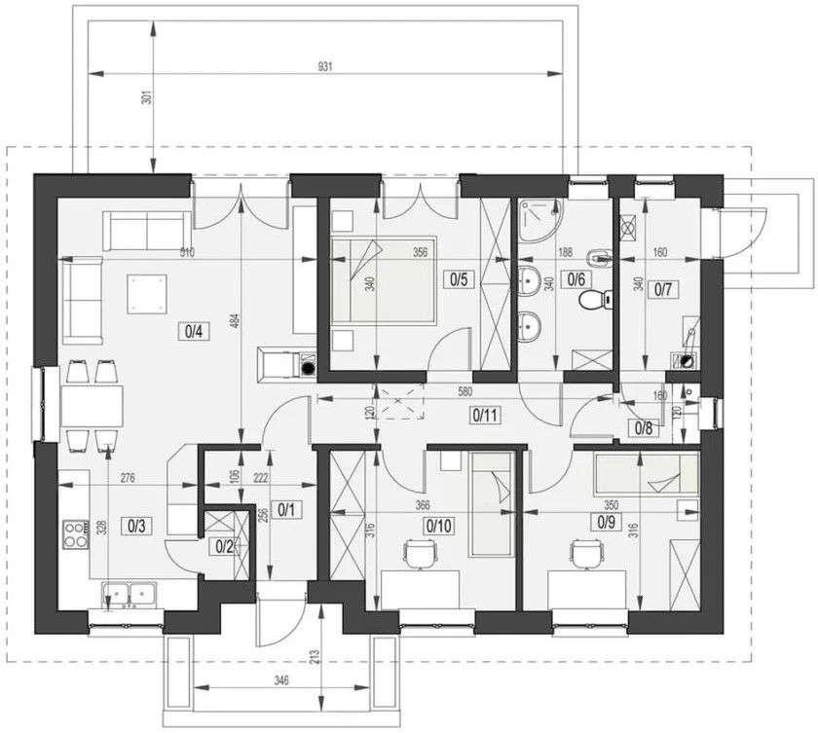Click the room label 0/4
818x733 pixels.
pyautogui.click(x=192, y=331)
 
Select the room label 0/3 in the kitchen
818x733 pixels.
pyautogui.click(x=135, y=527)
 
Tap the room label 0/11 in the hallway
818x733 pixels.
pyautogui.click(x=484, y=415)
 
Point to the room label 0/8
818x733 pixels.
pyautogui.click(x=644, y=426)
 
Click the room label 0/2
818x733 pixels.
pyautogui.click(x=224, y=547)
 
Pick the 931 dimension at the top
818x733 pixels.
pyautogui.click(x=325, y=67)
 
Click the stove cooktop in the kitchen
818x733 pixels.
pyautogui.click(x=76, y=535)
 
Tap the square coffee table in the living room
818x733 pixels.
pyautogui.click(x=147, y=293)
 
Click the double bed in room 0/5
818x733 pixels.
pyautogui.click(x=382, y=279)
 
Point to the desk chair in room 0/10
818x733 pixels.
pyautogui.click(x=420, y=555)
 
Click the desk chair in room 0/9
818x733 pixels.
pyautogui.click(x=585, y=555)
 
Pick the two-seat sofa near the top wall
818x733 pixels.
pyautogui.click(x=146, y=231)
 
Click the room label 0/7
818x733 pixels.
pyautogui.click(x=663, y=289)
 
